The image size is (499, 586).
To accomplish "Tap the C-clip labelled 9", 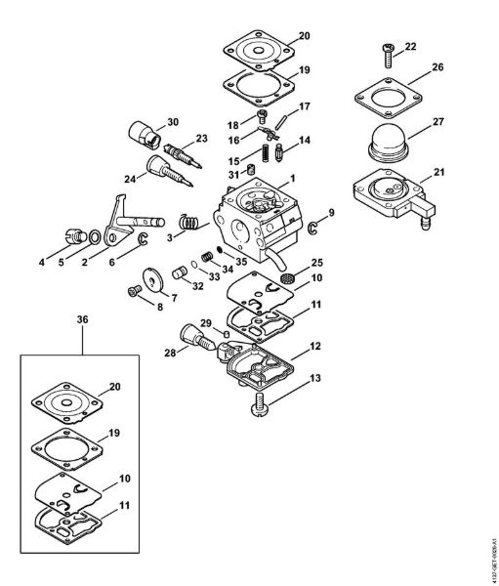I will tap(313, 229).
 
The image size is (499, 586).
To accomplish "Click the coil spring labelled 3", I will tap(197, 223).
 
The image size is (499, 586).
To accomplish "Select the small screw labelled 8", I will tap(134, 290).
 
